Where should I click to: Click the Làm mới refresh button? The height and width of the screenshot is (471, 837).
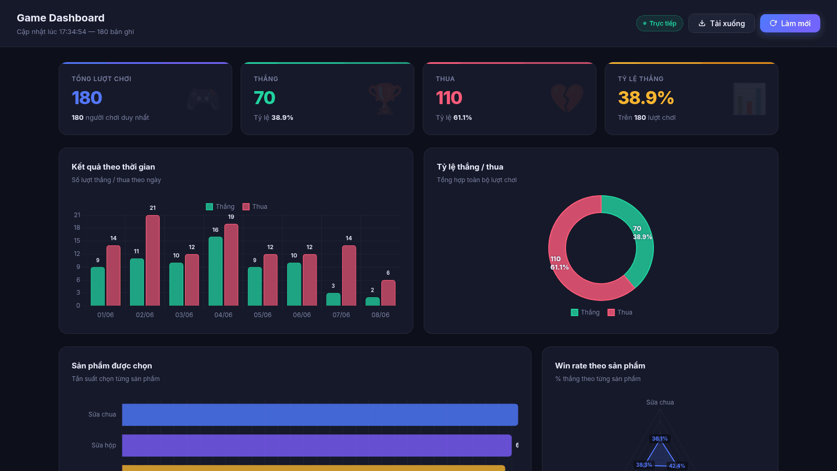[x=790, y=23]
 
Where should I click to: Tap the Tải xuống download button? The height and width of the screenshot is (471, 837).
[x=721, y=23]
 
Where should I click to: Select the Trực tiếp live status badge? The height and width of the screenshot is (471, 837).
[x=660, y=23]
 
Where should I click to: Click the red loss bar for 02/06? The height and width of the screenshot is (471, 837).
[x=152, y=261]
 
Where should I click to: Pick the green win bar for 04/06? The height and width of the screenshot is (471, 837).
[x=215, y=272]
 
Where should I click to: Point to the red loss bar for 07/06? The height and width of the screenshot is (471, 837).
[x=349, y=275]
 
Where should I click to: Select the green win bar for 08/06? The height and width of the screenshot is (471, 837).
[x=372, y=301]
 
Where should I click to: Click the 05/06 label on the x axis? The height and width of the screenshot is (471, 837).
[x=263, y=315]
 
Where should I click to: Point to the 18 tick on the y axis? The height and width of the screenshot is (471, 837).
[x=77, y=228]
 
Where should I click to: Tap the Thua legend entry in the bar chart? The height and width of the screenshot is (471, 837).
[x=255, y=207]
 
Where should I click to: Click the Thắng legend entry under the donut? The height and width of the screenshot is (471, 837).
[x=585, y=312]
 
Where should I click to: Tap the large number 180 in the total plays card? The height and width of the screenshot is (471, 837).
[x=87, y=98]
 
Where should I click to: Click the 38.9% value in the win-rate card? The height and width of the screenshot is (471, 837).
[x=646, y=98]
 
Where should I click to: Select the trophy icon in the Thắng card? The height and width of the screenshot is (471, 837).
[x=385, y=99]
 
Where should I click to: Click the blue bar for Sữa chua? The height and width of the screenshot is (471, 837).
[x=320, y=414]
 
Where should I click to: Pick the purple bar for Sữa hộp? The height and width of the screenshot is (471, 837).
[x=316, y=445]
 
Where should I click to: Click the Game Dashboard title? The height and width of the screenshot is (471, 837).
[x=61, y=18]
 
